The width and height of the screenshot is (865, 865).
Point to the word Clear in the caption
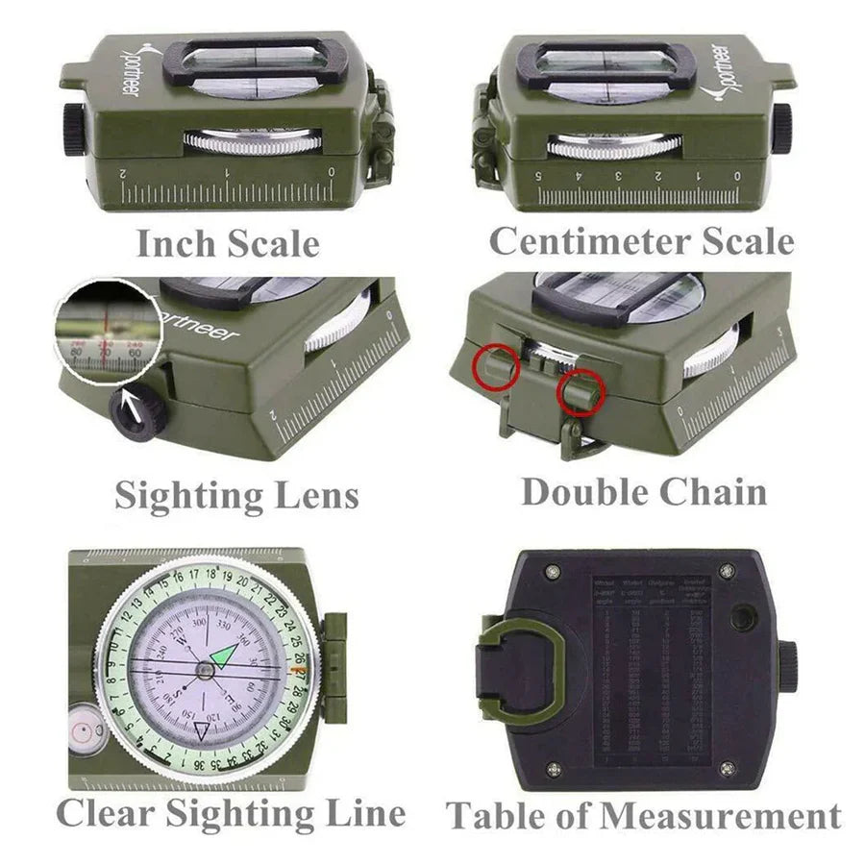(x=105, y=813)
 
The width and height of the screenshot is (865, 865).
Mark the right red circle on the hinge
(x=581, y=394)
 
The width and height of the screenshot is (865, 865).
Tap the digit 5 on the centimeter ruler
(x=538, y=176)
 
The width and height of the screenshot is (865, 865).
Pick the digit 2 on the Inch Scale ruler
(x=124, y=174)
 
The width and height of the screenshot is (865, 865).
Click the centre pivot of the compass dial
(x=206, y=669)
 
